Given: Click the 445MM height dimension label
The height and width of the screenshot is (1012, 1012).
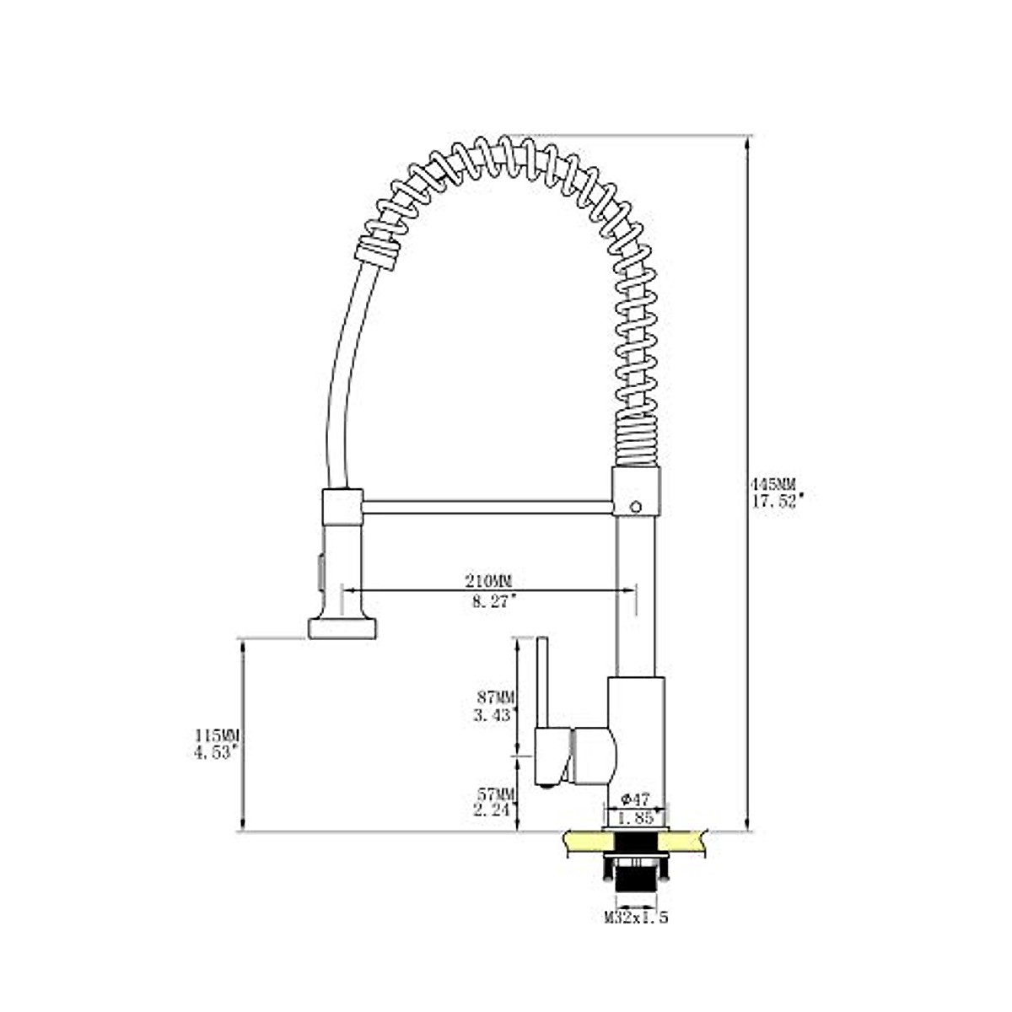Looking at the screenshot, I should (773, 485).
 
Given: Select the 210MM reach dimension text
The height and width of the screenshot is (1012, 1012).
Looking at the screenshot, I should (489, 581).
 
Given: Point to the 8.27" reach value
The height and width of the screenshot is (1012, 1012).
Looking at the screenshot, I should (490, 600).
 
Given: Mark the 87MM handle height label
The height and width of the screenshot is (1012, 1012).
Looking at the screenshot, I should (495, 697).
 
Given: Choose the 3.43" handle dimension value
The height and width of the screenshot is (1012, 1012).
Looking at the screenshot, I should (495, 715).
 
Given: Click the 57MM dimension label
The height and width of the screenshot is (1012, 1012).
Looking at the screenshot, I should (495, 794).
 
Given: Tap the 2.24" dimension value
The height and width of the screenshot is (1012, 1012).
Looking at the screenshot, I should (495, 810).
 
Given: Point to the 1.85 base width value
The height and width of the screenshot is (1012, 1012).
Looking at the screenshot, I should (634, 817).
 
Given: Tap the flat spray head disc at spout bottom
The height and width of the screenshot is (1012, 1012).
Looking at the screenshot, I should (342, 628).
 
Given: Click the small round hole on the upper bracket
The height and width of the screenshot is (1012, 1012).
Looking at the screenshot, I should (636, 507).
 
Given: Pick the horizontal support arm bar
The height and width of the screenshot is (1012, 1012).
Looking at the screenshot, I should (487, 506).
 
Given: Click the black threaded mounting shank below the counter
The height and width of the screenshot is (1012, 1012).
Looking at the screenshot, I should (636, 877).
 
